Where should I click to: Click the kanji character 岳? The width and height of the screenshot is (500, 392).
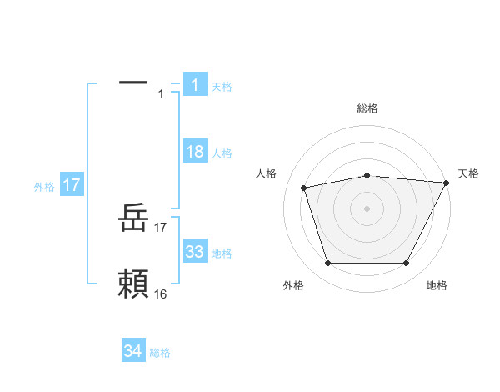point(133,221)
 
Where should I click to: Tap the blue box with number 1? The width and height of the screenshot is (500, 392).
point(194,85)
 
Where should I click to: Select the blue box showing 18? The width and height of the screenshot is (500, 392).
point(194,152)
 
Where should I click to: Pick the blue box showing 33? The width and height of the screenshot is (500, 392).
point(194,252)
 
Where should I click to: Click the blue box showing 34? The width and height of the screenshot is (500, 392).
point(133,351)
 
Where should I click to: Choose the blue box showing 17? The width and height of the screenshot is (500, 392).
point(72,185)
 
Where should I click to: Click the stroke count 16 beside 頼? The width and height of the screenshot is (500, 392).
point(161,294)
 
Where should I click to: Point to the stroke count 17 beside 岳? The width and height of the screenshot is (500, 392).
point(161,227)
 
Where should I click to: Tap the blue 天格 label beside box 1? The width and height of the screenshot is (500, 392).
point(222,86)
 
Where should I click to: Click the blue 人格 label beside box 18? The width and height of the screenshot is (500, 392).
point(222,153)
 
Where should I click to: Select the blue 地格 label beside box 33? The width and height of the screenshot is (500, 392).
point(222,253)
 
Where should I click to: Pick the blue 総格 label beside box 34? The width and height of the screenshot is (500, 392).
point(160,353)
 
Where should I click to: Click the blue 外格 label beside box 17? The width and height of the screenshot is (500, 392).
point(44,187)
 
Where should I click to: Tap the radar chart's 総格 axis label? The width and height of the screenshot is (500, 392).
point(367,108)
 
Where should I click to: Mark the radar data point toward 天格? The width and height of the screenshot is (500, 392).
point(447,183)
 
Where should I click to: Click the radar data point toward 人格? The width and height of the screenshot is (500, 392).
point(304,187)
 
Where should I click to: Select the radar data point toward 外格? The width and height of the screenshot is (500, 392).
point(327,264)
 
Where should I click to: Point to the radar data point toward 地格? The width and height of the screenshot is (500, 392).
point(406,264)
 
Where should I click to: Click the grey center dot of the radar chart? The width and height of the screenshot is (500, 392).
point(367,209)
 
